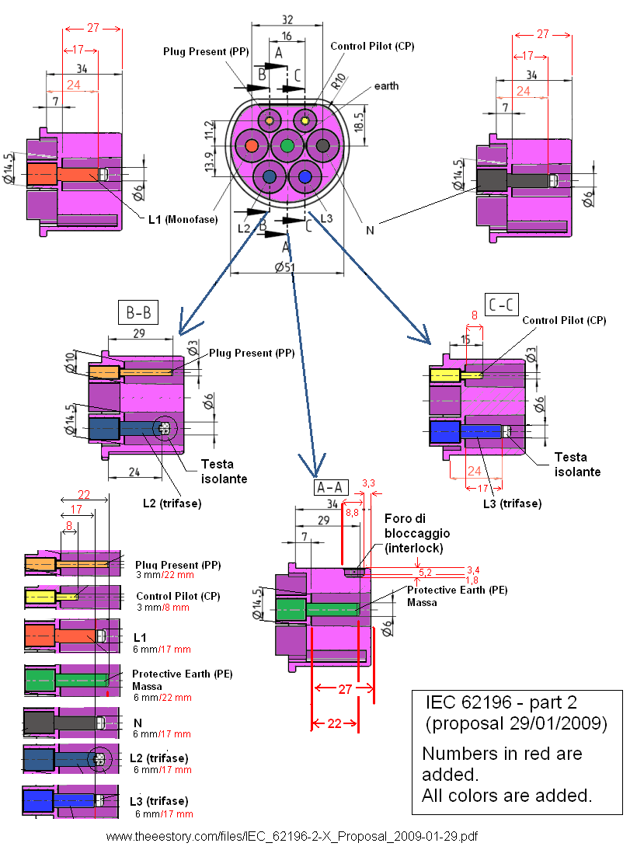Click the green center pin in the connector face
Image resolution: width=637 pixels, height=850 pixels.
tap(287, 145)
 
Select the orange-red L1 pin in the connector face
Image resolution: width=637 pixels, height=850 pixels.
tap(251, 145)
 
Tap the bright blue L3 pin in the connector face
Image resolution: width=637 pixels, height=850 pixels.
tap(305, 178)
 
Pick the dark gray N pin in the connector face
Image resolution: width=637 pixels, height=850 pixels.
tap(322, 145)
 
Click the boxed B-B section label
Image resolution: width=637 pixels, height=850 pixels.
tap(138, 312)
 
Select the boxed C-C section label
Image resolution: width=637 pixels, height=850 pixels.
tap(501, 305)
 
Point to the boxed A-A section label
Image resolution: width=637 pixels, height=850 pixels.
tap(331, 487)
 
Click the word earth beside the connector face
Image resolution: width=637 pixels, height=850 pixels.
tap(386, 85)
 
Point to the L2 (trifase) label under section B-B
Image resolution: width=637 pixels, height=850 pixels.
tap(172, 503)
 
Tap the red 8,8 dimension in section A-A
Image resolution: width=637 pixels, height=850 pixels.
tap(352, 512)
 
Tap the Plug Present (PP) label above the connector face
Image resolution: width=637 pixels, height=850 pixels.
tap(205, 51)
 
